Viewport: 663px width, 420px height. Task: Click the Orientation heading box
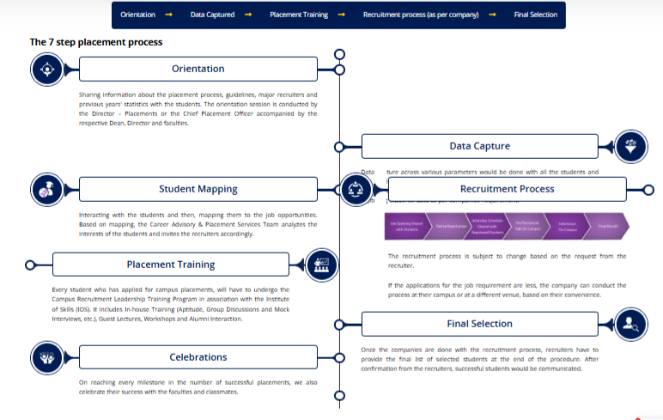click(198, 69)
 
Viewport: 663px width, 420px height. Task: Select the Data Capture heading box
click(479, 146)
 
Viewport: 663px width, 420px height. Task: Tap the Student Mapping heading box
click(198, 189)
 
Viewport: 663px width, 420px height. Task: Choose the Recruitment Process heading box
click(507, 189)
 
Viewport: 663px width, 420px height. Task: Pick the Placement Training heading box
click(170, 265)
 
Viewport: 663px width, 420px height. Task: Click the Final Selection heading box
click(479, 324)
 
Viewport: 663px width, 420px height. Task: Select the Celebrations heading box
click(198, 356)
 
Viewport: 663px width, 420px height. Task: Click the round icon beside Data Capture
click(631, 146)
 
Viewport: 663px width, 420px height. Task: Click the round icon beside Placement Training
click(322, 264)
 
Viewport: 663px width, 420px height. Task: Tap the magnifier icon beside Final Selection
click(631, 324)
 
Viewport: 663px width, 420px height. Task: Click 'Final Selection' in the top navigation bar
click(535, 15)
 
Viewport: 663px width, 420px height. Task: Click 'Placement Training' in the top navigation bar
click(298, 15)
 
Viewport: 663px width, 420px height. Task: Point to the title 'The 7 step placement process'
click(96, 41)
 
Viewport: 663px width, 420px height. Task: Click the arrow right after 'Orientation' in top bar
click(168, 15)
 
